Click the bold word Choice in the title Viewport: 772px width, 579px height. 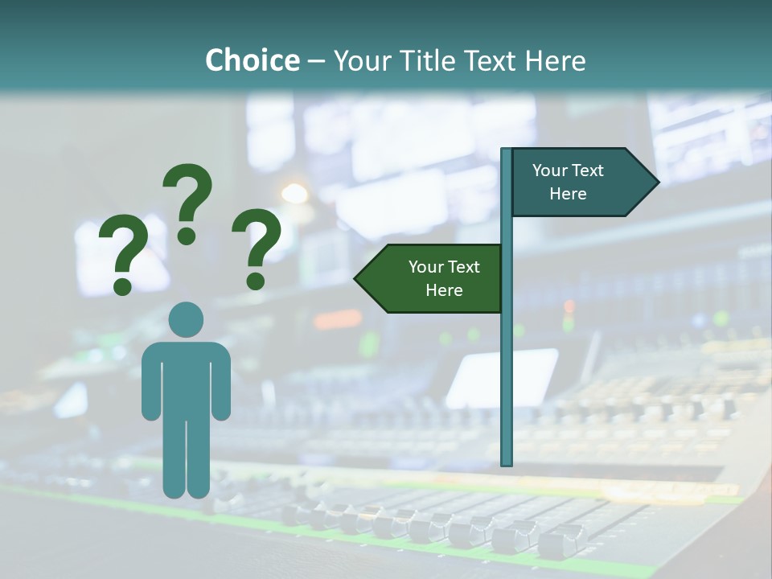point(252,60)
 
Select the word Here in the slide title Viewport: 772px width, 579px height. point(555,60)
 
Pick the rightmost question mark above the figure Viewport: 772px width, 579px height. point(257,248)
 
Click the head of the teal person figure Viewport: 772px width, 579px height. point(187,321)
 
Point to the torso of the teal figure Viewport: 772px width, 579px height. point(187,378)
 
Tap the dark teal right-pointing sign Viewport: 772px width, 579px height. point(579,183)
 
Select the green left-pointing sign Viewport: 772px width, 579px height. point(434,278)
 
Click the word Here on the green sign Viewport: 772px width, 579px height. point(444,290)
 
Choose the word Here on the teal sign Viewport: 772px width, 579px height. point(568,194)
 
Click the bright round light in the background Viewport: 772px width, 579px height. point(294,193)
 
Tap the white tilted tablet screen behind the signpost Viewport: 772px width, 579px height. point(503,378)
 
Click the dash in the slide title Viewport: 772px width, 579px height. point(316,61)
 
